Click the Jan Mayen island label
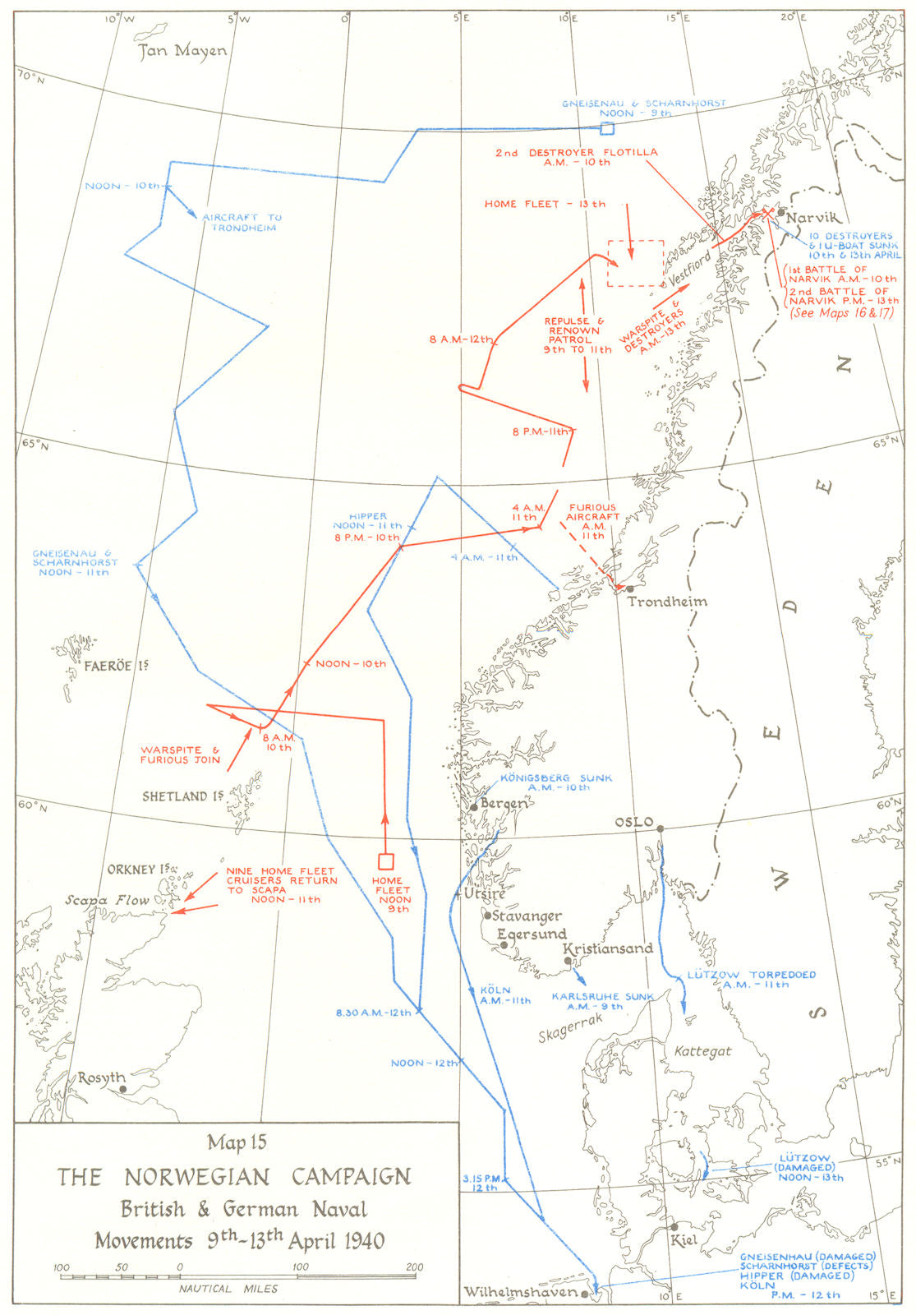pyautogui.click(x=182, y=51)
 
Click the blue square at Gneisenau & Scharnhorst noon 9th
pyautogui.click(x=607, y=128)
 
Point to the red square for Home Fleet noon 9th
pyautogui.click(x=385, y=861)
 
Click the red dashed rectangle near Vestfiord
pyautogui.click(x=635, y=263)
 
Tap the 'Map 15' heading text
pyautogui.click(x=237, y=1142)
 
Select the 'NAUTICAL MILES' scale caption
pyautogui.click(x=228, y=1289)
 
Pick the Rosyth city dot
pyautogui.click(x=123, y=1089)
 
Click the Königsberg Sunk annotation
pyautogui.click(x=555, y=782)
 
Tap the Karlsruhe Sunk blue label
pyautogui.click(x=602, y=1001)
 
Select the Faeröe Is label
pyautogui.click(x=115, y=666)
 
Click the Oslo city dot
pyautogui.click(x=661, y=828)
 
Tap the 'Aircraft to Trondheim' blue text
pyautogui.click(x=241, y=222)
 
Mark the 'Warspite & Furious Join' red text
pyautogui.click(x=180, y=755)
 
